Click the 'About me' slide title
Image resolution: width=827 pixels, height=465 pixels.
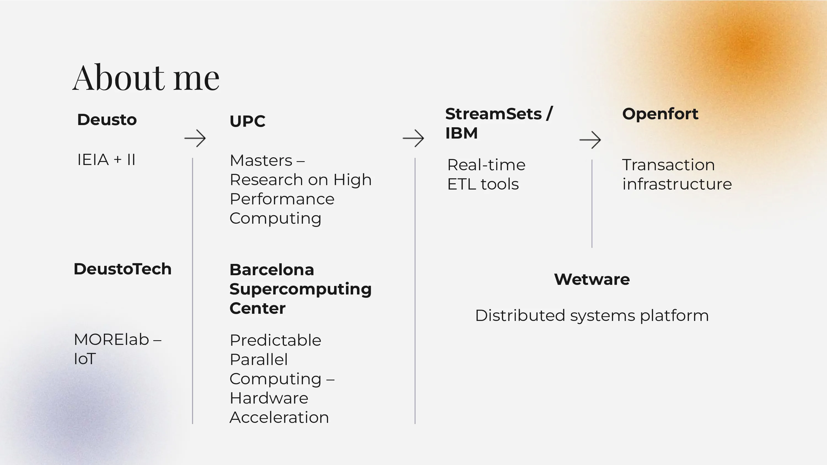[146, 78]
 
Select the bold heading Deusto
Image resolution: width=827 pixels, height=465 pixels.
[107, 120]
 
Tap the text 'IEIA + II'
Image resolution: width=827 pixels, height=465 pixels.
[106, 160]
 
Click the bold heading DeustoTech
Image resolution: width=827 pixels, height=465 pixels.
[122, 269]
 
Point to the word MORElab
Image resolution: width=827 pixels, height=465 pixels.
[111, 340]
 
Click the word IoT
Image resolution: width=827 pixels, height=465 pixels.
[85, 359]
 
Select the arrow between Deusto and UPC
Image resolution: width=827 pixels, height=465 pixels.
[195, 138]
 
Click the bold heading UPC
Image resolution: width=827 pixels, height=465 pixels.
[247, 121]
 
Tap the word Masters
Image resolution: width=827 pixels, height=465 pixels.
[261, 160]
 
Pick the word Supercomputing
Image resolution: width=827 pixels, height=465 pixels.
[300, 289]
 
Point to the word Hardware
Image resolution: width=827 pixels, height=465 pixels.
[269, 398]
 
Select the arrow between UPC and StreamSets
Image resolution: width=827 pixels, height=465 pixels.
[413, 138]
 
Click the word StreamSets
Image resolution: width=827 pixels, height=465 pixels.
[493, 114]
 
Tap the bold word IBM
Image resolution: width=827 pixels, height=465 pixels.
[461, 133]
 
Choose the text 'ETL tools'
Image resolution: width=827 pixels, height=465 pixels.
[483, 184]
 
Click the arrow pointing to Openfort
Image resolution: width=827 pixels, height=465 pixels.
[590, 140]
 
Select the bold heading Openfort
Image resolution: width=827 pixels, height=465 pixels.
[660, 114]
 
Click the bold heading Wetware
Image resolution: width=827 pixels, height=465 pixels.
[592, 279]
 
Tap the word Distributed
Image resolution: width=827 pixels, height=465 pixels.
[520, 315]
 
